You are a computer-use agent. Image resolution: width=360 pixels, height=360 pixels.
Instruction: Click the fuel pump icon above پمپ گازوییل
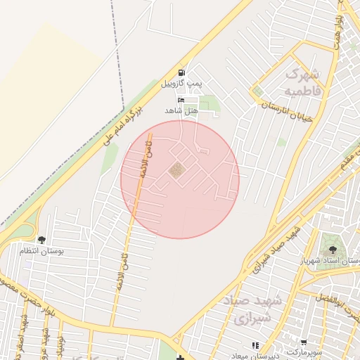[183, 72]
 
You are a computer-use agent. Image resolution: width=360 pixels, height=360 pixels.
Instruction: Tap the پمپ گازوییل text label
[181, 84]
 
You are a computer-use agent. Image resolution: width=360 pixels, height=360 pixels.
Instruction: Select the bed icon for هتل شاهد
[181, 101]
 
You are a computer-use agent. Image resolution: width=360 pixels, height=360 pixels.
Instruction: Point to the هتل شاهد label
[181, 111]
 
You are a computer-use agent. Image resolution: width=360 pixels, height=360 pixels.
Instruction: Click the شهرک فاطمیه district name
[303, 82]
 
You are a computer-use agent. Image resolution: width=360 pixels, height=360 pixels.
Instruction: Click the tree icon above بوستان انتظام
[41, 240]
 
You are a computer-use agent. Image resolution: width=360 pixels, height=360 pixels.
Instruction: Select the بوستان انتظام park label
[41, 251]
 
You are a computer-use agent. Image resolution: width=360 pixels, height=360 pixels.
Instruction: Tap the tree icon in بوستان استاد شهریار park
[331, 248]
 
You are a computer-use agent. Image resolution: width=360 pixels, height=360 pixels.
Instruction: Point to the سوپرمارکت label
[303, 350]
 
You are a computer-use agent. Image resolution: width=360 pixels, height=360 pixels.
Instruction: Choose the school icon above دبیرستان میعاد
[255, 345]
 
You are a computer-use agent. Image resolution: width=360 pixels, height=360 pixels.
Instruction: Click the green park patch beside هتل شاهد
[208, 107]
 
